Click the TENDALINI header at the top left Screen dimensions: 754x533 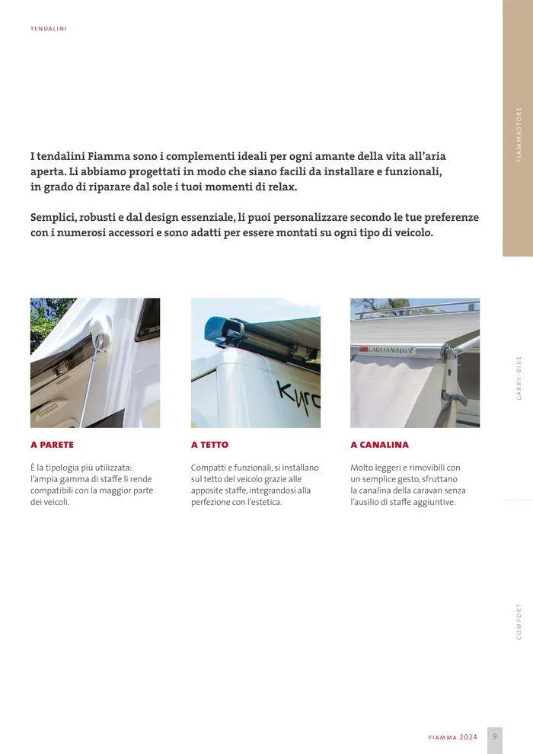point(49,29)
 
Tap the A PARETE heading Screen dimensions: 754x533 point(52,445)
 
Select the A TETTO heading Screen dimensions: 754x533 point(209,445)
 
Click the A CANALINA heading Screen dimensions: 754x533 point(379,445)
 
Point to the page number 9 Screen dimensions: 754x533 point(494,736)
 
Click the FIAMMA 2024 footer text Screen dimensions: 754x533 point(453,737)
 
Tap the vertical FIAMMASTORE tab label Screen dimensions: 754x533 point(519,135)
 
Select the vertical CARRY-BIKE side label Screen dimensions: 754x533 point(519,378)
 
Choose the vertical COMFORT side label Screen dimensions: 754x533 point(519,621)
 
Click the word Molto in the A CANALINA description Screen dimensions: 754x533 point(362,468)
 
